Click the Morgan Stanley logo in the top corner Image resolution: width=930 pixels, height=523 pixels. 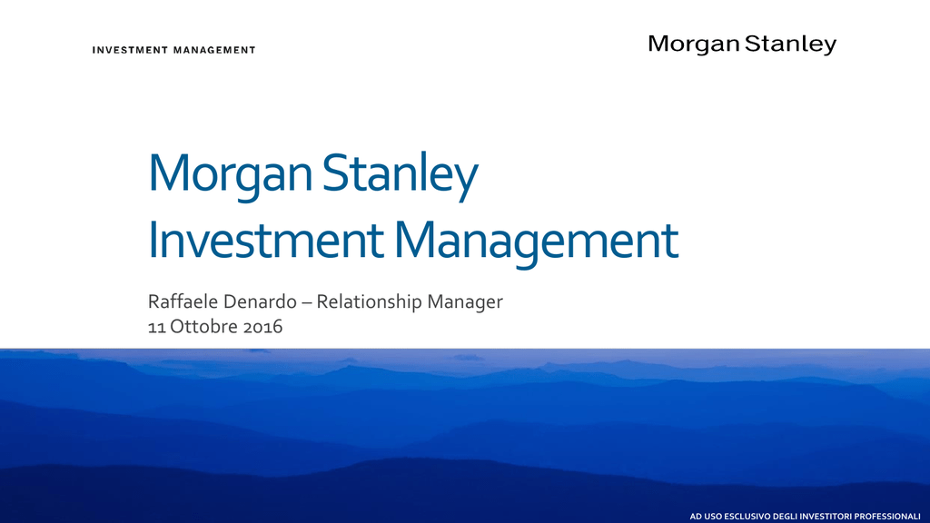[742, 44]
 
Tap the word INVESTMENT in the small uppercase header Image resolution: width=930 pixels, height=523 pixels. [131, 51]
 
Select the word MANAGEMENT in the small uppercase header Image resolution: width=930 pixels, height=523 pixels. [214, 51]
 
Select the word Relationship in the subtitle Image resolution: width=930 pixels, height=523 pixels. [369, 302]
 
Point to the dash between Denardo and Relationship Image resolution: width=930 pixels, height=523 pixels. [307, 303]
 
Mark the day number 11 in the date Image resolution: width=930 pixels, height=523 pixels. [156, 327]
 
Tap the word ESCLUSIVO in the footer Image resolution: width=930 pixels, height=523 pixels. [747, 517]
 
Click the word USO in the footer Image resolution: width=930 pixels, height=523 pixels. [712, 517]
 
